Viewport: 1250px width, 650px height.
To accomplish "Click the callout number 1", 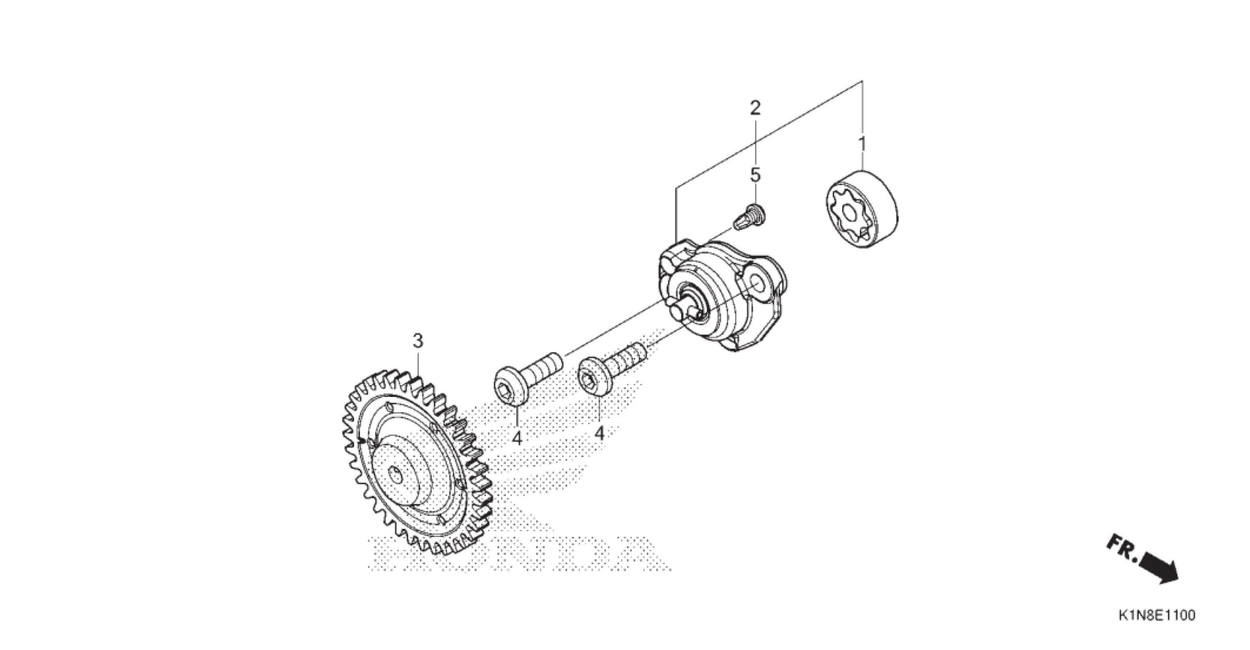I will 862,144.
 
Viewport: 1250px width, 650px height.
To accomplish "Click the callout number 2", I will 755,107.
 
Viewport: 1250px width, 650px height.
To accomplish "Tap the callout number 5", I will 755,174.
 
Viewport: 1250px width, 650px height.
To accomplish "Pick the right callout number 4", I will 599,433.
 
